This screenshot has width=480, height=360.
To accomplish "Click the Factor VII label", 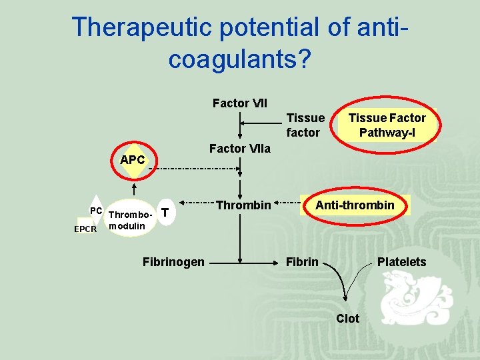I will click(x=239, y=103).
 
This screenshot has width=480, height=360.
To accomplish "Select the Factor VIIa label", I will click(x=239, y=149).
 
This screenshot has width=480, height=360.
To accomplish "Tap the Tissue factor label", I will click(x=305, y=125).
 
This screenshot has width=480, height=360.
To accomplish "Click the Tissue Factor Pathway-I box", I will click(x=387, y=125).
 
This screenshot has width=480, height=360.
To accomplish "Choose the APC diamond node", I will click(x=133, y=161).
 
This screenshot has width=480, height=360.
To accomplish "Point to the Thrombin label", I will click(x=243, y=205).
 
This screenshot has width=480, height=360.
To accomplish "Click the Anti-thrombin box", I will click(x=355, y=205).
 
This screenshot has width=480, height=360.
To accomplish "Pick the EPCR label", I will click(x=85, y=229).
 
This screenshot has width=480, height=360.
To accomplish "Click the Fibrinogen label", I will click(x=173, y=262).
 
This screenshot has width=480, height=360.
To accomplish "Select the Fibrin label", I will click(x=302, y=262).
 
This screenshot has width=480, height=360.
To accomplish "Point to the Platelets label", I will click(x=401, y=262).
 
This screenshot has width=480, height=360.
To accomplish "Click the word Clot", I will click(x=347, y=319).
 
